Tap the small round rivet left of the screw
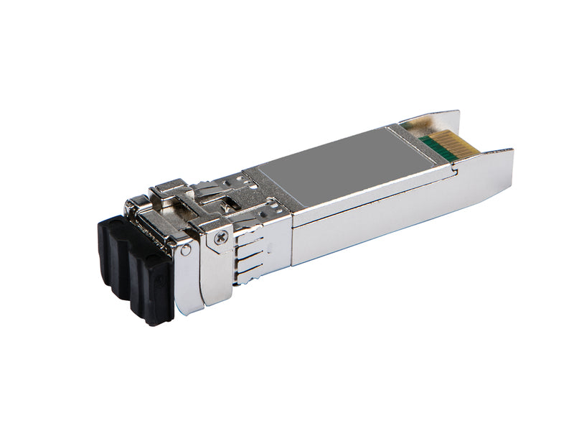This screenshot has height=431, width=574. click(186, 250)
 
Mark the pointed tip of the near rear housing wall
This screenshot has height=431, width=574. click(511, 150)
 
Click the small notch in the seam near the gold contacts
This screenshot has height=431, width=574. click(453, 170)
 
